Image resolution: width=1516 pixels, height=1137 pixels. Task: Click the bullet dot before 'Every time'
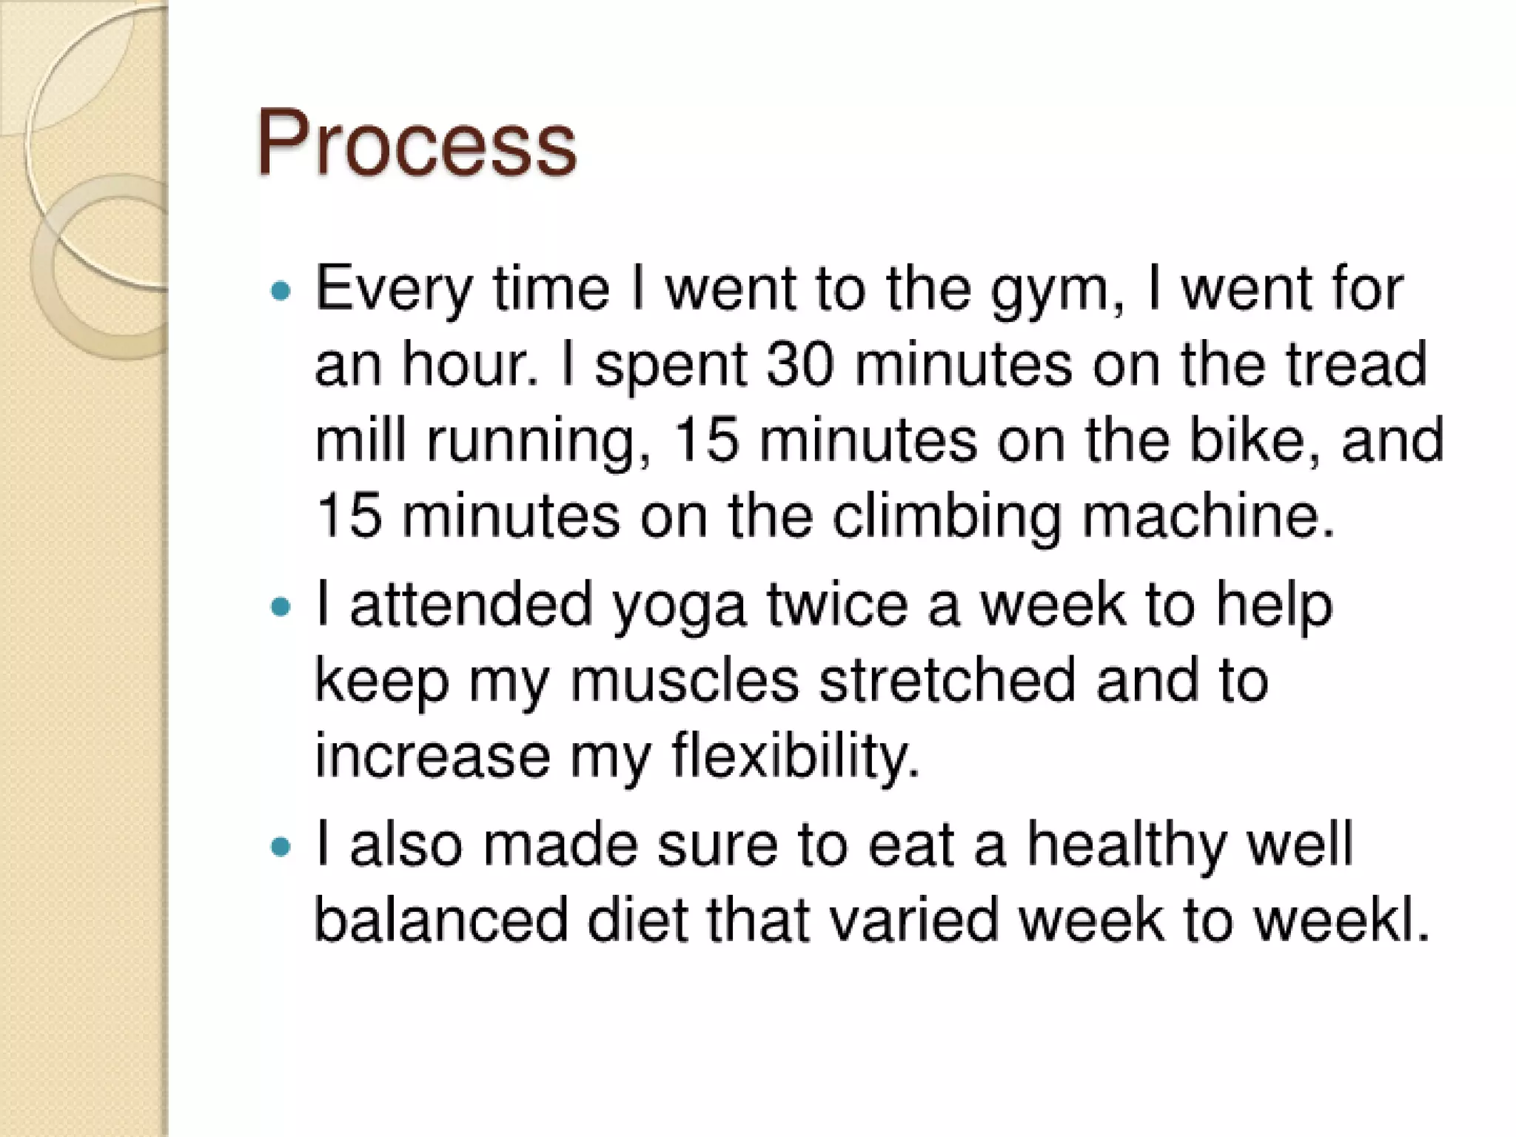(x=281, y=291)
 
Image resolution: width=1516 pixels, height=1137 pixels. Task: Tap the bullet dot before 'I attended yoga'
(x=281, y=608)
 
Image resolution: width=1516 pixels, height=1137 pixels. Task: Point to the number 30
(x=800, y=365)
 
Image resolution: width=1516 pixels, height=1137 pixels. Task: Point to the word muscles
(x=685, y=681)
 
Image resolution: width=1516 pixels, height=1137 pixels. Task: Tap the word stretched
(x=947, y=681)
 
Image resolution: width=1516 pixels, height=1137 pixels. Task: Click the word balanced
(x=442, y=921)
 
